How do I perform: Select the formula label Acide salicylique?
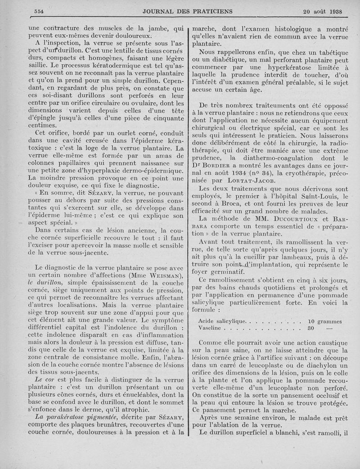coord(222,321)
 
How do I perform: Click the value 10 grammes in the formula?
coord(324,321)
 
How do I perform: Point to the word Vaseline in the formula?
coord(211,329)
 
